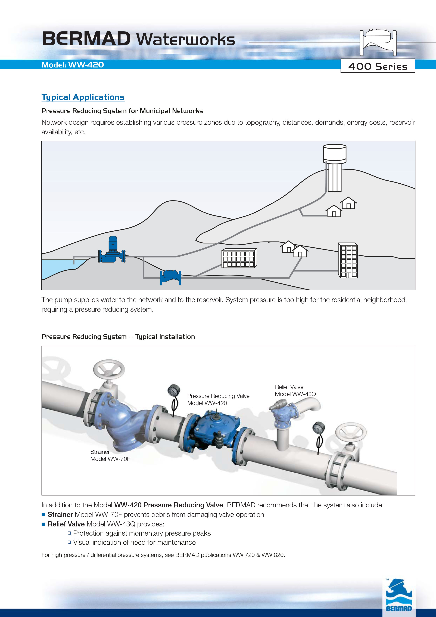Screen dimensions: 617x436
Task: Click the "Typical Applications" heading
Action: coord(83,97)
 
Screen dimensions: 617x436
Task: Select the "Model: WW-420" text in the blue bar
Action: coord(73,65)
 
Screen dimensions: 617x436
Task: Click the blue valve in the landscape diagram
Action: coord(170,278)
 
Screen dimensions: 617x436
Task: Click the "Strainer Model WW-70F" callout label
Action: coord(110,455)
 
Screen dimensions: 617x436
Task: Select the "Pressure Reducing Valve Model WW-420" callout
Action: coord(218,399)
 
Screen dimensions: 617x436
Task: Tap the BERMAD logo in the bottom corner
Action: coord(399,595)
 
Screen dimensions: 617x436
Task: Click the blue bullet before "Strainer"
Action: coord(43,515)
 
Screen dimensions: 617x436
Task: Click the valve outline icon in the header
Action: coord(378,42)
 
